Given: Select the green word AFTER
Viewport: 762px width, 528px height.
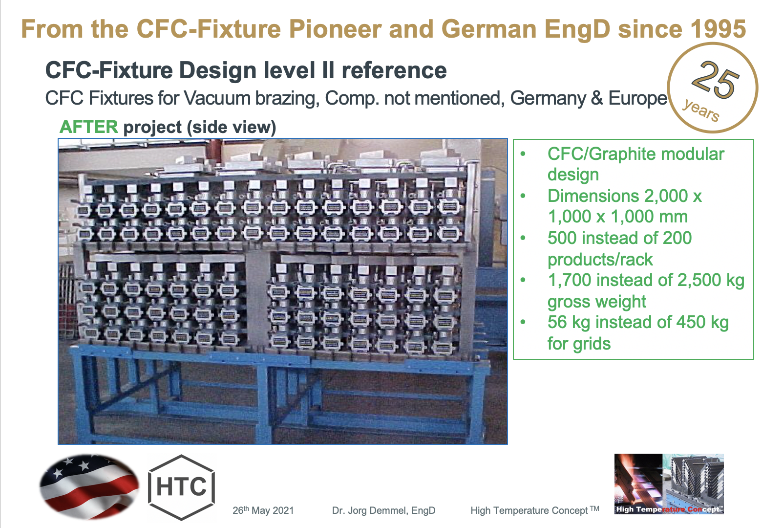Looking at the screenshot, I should [x=88, y=127].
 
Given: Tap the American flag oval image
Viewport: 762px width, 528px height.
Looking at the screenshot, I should [x=89, y=486].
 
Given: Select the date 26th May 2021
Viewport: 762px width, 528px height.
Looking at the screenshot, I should [x=263, y=510].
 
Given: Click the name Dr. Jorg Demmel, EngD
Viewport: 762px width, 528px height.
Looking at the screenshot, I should [x=383, y=510].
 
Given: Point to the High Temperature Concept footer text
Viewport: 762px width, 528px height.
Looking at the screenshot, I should [x=534, y=510].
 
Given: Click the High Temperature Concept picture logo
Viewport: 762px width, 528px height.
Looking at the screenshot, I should [x=668, y=484].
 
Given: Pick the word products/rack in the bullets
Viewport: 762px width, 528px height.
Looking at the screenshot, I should [x=600, y=259].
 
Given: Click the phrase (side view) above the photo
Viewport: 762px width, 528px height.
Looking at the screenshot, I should [x=232, y=127].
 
